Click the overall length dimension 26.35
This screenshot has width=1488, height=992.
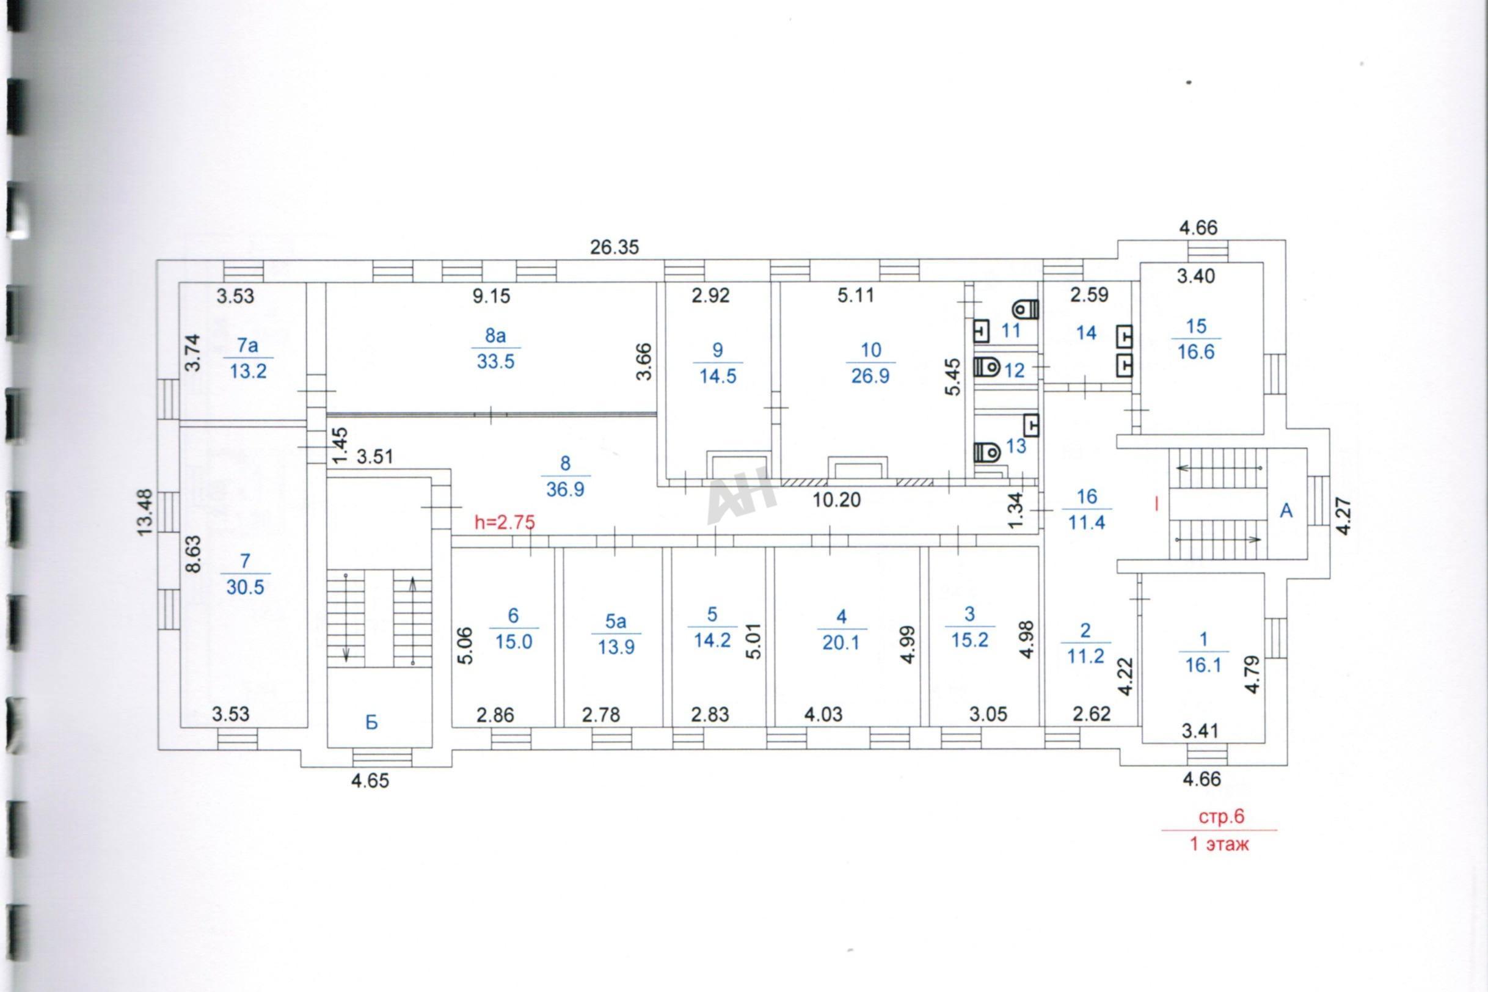tap(615, 247)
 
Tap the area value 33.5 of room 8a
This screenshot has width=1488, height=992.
tap(495, 362)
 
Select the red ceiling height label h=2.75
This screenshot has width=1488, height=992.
tap(505, 523)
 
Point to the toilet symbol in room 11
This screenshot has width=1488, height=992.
tap(1026, 308)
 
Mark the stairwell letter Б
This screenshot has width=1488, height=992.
tap(371, 723)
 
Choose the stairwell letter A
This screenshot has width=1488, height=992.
tap(1286, 511)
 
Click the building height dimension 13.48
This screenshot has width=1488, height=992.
tap(145, 512)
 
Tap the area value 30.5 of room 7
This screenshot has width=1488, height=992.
tap(245, 587)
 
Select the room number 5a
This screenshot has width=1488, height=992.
tap(616, 621)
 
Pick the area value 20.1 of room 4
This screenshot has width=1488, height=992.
tap(841, 643)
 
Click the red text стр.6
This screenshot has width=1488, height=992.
tap(1221, 817)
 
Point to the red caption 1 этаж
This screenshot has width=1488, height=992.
tap(1220, 844)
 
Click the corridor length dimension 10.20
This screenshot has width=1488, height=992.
tap(836, 500)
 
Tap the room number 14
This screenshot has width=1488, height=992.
tap(1086, 333)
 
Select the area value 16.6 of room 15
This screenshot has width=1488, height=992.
tap(1196, 352)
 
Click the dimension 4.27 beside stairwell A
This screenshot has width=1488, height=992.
tap(1344, 516)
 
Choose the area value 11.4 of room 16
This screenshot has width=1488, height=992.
tap(1086, 523)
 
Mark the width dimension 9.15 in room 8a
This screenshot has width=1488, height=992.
tap(491, 296)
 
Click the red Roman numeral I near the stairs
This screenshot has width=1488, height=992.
tap(1156, 504)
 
